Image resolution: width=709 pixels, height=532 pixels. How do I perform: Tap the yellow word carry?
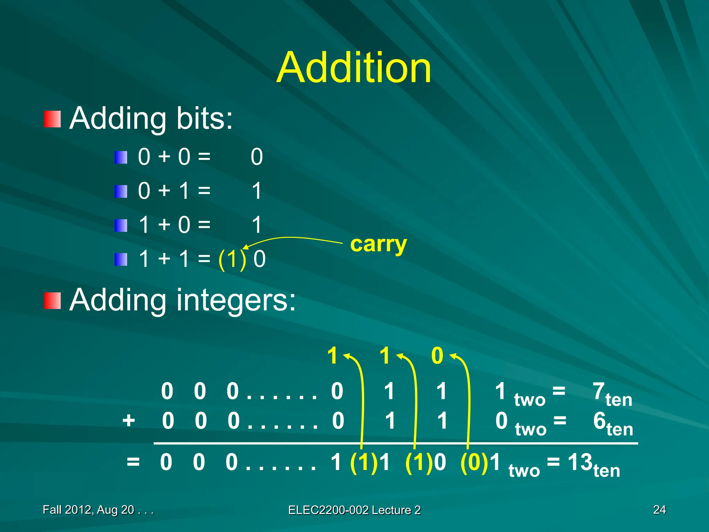coord(378,245)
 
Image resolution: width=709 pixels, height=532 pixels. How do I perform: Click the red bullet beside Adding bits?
coord(53,119)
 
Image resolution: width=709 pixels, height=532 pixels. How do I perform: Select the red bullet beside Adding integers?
coord(53,300)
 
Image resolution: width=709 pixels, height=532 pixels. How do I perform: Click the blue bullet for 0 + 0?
coord(121,157)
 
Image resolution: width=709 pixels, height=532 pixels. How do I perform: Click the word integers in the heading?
coord(236,300)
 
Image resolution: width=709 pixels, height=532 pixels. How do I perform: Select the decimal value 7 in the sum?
coord(599,391)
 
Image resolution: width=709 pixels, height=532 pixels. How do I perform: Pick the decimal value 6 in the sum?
coord(599,421)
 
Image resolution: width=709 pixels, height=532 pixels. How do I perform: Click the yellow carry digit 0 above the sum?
coord(437,356)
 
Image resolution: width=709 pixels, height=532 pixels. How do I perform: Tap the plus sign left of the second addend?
coord(129,421)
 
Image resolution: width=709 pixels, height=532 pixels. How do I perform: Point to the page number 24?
coord(659,509)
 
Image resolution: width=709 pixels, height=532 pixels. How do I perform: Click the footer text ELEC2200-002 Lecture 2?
coord(354,510)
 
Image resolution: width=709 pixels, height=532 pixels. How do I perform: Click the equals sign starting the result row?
coord(133,462)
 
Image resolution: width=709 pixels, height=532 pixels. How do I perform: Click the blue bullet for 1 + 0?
coord(121,225)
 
